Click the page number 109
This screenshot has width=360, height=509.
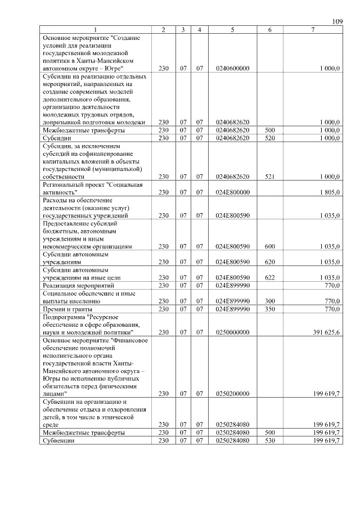pyautogui.click(x=337, y=21)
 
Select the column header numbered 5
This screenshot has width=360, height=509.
pyautogui.click(x=232, y=29)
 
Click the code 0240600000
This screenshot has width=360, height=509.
pyautogui.click(x=232, y=68)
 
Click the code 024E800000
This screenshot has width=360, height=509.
pyautogui.click(x=232, y=192)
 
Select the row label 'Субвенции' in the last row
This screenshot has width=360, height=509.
pyautogui.click(x=58, y=441)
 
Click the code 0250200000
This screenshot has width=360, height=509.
pyautogui.click(x=232, y=394)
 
